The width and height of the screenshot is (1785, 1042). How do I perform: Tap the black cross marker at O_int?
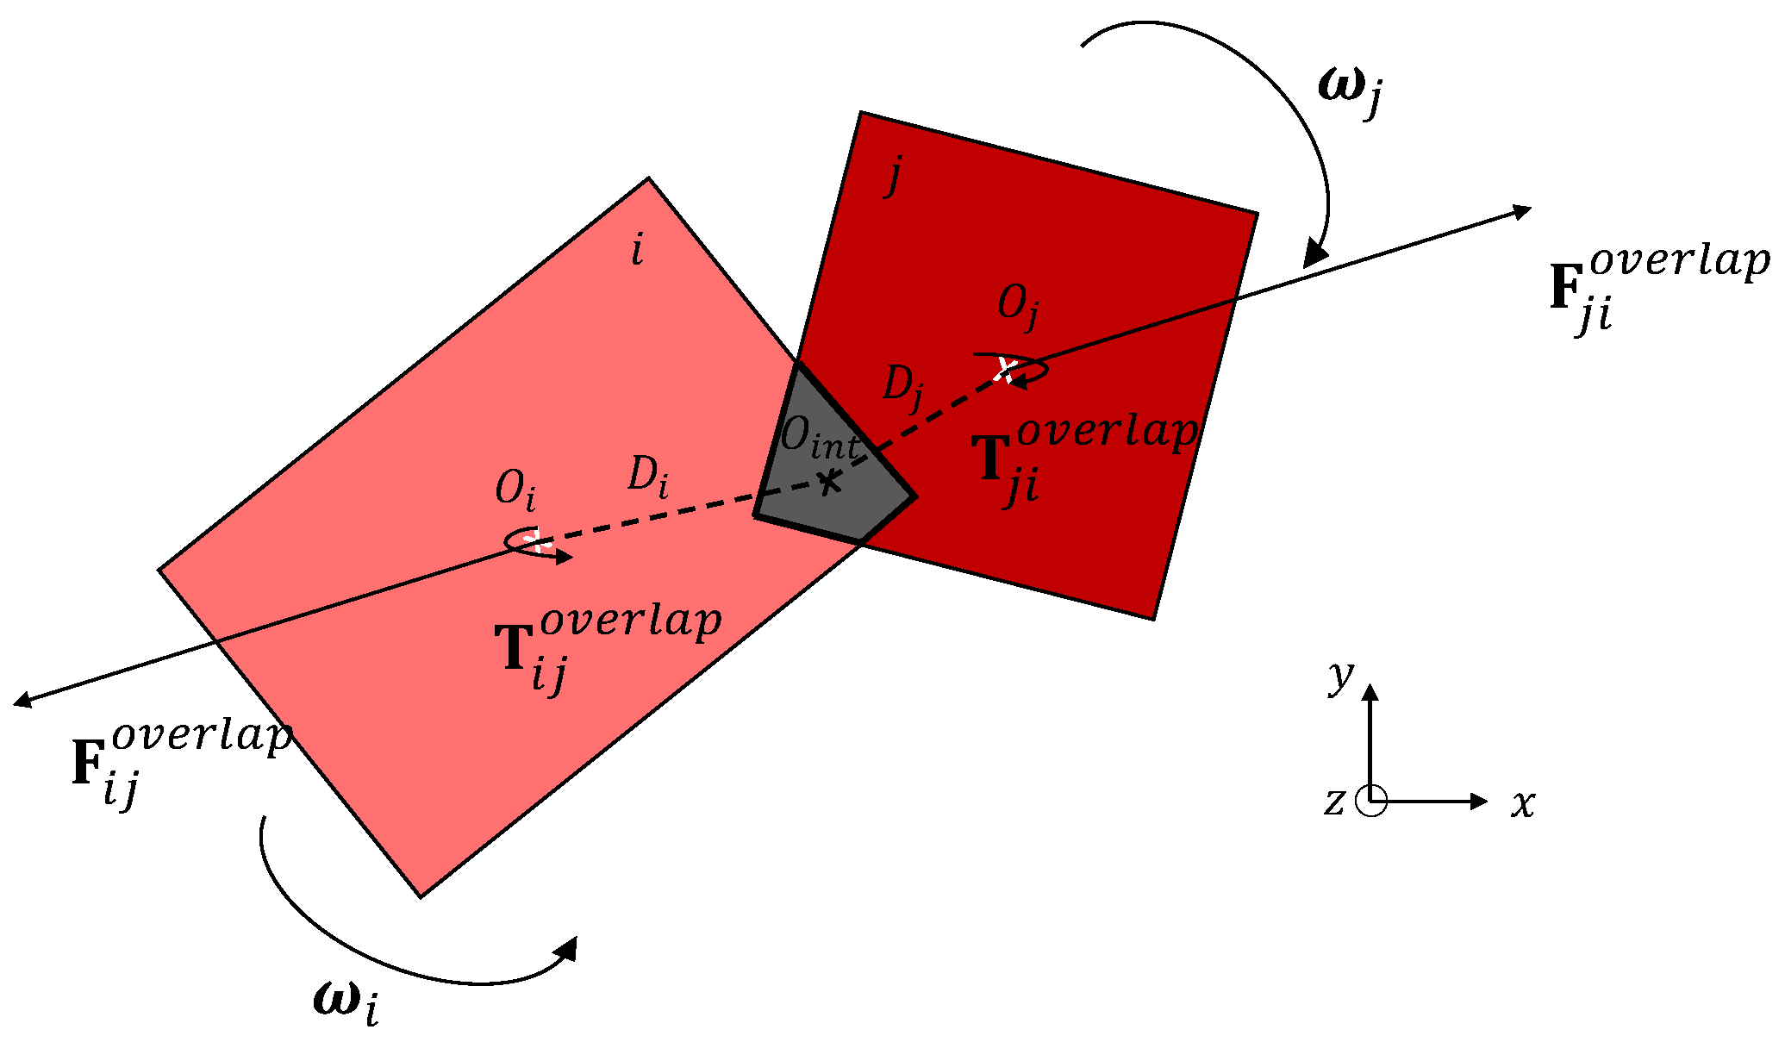point(828,481)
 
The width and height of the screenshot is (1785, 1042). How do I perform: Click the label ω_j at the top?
point(1350,91)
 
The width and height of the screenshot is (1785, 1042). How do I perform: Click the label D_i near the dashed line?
point(647,476)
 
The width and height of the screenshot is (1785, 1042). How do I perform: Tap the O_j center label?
point(1017,306)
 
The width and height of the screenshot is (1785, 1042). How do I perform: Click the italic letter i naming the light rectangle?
point(637,250)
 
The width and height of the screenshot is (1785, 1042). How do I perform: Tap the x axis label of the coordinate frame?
point(1523,803)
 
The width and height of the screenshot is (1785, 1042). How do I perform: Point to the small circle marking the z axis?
point(1370,801)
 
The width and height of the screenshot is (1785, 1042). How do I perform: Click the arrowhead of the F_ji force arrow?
point(1520,210)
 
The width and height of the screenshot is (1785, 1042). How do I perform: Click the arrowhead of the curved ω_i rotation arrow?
point(567,948)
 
